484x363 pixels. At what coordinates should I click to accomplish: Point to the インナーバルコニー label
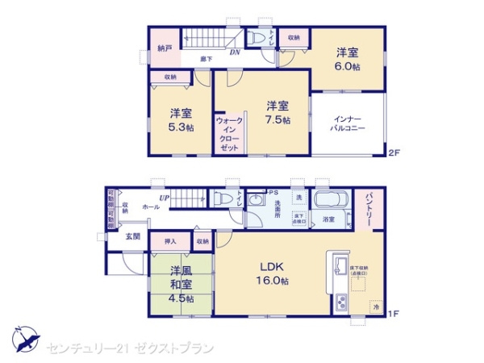(348, 124)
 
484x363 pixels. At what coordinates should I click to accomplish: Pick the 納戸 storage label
(165, 48)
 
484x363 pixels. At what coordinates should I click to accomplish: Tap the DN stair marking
(234, 53)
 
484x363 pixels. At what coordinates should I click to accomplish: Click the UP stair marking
(164, 198)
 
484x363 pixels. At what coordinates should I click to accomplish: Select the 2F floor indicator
(394, 152)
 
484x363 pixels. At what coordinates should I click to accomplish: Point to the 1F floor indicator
(394, 313)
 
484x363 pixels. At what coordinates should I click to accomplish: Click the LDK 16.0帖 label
(274, 273)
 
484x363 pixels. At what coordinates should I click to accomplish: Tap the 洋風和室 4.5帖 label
(181, 285)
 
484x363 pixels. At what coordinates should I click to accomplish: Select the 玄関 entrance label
(132, 236)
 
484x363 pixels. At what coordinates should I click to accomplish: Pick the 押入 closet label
(170, 240)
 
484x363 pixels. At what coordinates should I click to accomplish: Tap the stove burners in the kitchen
(340, 303)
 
